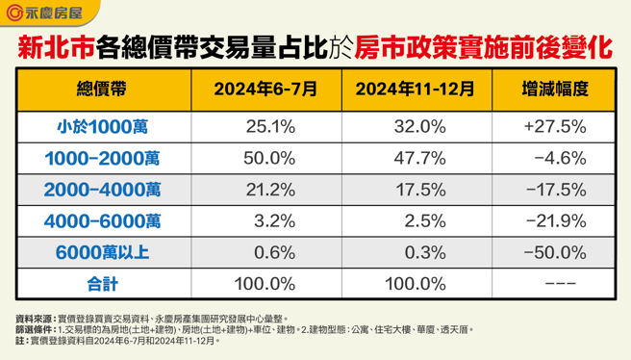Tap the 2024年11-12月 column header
[415, 89]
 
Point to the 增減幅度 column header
[554, 89]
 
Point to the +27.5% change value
[554, 126]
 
